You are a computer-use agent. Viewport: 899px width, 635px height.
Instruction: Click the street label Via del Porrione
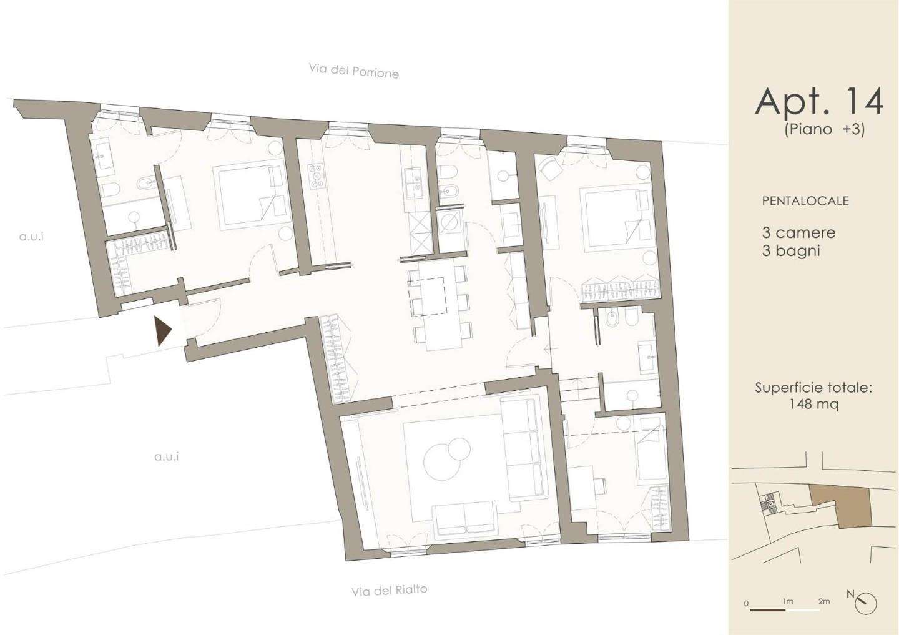click(x=353, y=71)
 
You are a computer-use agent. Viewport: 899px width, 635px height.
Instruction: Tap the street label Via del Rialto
click(x=390, y=590)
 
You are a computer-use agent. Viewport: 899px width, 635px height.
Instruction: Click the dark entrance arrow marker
click(x=163, y=331)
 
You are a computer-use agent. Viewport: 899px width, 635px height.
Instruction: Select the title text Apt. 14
click(x=819, y=102)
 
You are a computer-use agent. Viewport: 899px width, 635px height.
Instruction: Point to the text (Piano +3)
click(x=824, y=130)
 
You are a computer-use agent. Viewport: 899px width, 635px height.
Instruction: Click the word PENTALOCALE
click(x=805, y=200)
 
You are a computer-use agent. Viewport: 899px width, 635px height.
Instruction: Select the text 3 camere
click(x=798, y=232)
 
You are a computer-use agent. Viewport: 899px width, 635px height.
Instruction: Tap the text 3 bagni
click(x=790, y=251)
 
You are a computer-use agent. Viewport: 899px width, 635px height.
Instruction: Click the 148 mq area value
click(x=813, y=404)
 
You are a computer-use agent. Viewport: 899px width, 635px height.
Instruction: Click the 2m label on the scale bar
click(x=824, y=613)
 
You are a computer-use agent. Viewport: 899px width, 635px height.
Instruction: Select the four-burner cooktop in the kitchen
click(x=317, y=176)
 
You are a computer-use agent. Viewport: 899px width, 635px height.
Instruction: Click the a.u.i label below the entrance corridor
click(x=167, y=457)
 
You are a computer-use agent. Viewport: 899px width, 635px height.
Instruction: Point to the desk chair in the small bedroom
click(x=599, y=485)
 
